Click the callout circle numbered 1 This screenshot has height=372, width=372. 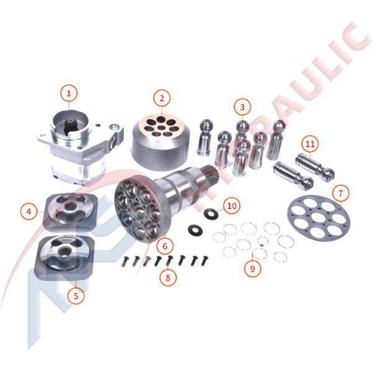(69, 94)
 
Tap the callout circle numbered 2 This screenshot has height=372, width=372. (161, 98)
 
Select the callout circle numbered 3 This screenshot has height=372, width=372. (242, 107)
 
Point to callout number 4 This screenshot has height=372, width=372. (28, 211)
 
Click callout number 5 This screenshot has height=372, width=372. (76, 296)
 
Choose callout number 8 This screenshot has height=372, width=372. (167, 278)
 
